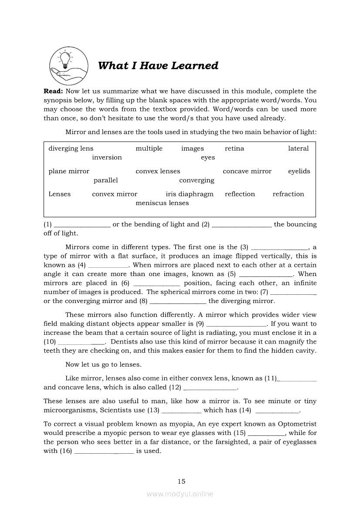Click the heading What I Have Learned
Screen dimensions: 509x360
tap(158, 66)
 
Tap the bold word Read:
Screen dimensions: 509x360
tap(54, 91)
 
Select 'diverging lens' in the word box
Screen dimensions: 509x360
tap(71, 148)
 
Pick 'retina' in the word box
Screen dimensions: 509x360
tap(234, 148)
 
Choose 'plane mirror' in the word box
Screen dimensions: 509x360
tap(69, 171)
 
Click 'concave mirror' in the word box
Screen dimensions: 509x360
tap(247, 171)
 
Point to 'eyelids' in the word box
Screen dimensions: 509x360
tap(299, 171)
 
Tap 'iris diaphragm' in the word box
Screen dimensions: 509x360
tap(190, 194)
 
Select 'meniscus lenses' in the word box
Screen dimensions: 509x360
tap(162, 203)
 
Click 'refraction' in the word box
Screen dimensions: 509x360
tap(289, 194)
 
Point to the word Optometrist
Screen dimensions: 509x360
tap(299, 424)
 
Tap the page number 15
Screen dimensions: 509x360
tap(182, 481)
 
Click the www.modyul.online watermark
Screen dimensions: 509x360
tap(180, 494)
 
